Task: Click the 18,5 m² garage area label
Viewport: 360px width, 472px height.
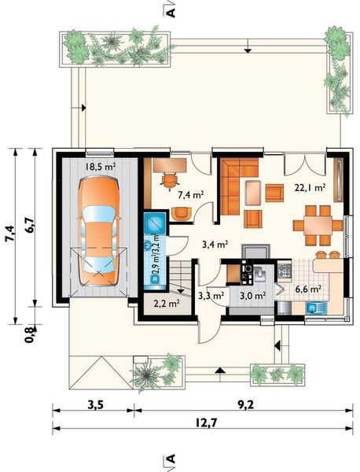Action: (x=101, y=167)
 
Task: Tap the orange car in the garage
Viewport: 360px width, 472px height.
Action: (x=99, y=230)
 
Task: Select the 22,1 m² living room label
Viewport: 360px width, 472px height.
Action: (x=310, y=188)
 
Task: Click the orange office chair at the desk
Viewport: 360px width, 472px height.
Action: (x=170, y=180)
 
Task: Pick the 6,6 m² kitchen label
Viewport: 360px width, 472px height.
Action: (x=307, y=289)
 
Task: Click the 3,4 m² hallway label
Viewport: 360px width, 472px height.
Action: (x=215, y=245)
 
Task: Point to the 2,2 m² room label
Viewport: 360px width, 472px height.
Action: (x=167, y=304)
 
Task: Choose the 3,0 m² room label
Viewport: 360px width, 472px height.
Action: (x=252, y=296)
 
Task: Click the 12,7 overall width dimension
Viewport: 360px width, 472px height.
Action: (x=206, y=423)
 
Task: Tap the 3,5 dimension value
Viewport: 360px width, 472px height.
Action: (x=96, y=405)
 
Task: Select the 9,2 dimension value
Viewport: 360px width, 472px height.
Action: (x=246, y=405)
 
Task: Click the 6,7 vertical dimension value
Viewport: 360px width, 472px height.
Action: (x=31, y=224)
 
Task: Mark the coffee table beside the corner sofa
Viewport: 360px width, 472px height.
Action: (x=253, y=193)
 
